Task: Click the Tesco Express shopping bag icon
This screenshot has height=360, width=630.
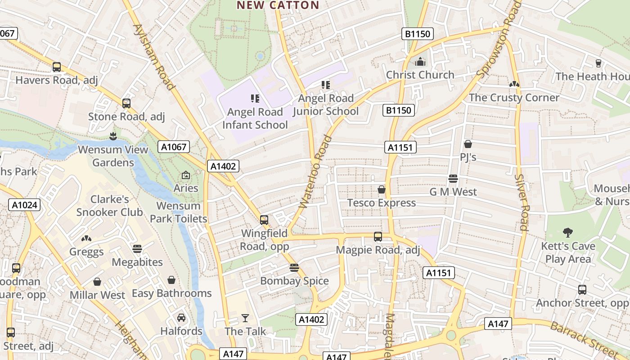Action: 382,189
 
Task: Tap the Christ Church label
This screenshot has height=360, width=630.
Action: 420,75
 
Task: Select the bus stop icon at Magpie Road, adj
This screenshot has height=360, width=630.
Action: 378,237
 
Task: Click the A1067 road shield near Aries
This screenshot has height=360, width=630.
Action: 174,146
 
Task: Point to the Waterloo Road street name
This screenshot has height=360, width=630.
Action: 315,172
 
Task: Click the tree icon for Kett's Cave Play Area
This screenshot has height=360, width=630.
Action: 568,233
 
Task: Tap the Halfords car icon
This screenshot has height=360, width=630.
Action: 181,318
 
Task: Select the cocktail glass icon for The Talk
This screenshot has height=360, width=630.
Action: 245,318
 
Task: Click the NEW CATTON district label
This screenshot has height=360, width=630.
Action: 278,5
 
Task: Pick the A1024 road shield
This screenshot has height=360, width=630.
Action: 24,205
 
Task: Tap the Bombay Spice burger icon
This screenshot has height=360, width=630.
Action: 294,268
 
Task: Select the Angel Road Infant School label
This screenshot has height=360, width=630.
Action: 255,118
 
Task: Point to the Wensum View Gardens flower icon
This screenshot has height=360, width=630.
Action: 113,136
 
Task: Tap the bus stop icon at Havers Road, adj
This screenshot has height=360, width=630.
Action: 57,67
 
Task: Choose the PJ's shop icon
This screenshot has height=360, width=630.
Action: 468,144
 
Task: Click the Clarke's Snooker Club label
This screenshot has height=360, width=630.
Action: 109,206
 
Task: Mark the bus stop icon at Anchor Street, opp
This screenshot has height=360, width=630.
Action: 582,290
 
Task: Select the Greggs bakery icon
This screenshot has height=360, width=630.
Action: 86,238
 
